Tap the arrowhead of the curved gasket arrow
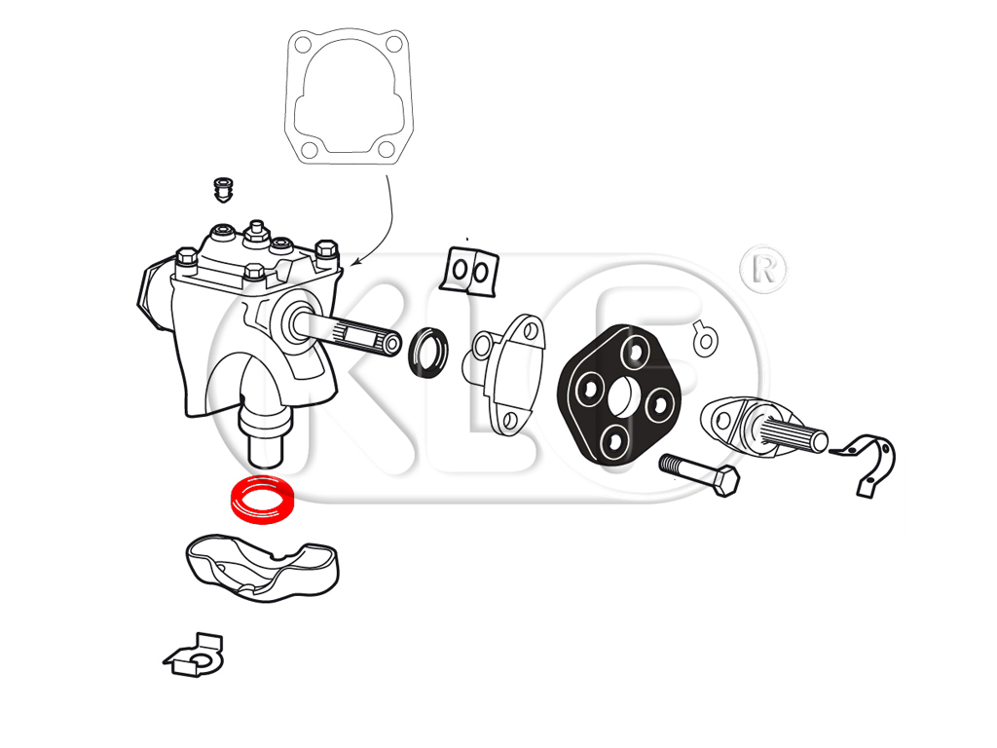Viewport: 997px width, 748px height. pyautogui.click(x=353, y=261)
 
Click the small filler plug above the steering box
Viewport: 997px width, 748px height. pyautogui.click(x=223, y=190)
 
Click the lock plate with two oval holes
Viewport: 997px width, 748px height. pyautogui.click(x=470, y=272)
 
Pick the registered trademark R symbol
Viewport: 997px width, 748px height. pyautogui.click(x=763, y=270)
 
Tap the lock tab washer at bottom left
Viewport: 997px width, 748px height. pyautogui.click(x=195, y=655)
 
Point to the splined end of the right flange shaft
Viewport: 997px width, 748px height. pyautogui.click(x=794, y=433)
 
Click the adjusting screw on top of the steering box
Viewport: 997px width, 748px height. pyautogui.click(x=256, y=232)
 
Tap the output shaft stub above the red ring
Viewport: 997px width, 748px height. pyautogui.click(x=265, y=436)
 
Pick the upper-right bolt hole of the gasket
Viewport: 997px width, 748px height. pyautogui.click(x=395, y=45)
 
